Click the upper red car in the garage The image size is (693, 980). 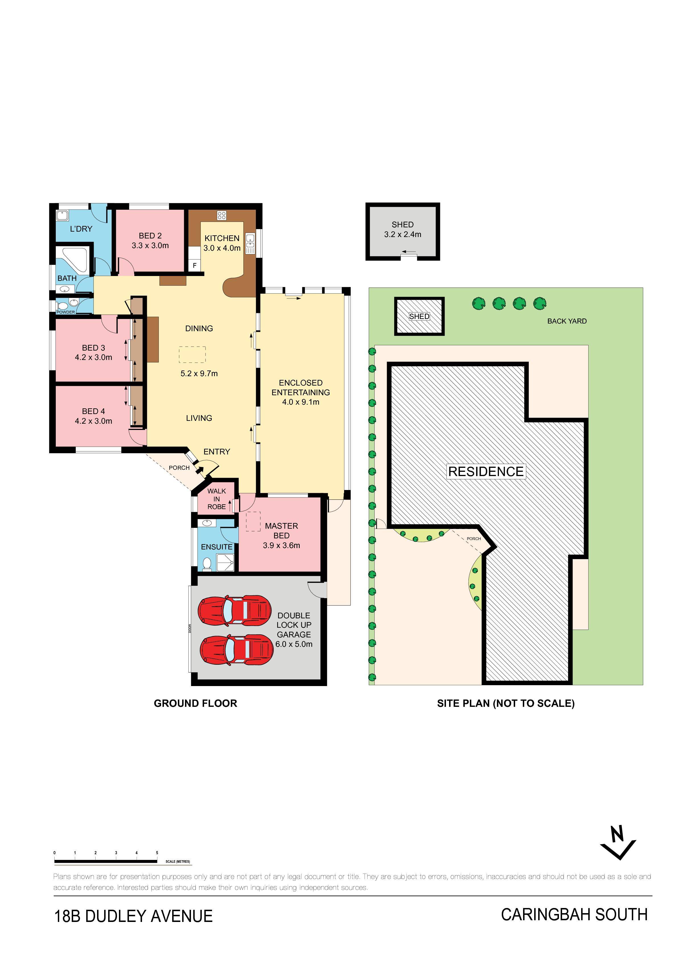pos(235,610)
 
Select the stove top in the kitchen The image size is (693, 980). pos(221,216)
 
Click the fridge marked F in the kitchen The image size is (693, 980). pos(195,265)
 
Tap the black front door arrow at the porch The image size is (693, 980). pos(200,470)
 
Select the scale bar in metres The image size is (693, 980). pos(106,861)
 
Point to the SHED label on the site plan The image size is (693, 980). pos(419,316)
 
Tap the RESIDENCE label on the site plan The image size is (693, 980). pos(486,472)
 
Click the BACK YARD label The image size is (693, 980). pos(567,321)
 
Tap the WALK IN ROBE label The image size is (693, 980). pos(217,499)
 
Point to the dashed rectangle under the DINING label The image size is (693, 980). pos(192,354)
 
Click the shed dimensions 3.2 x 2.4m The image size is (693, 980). pos(403,234)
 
